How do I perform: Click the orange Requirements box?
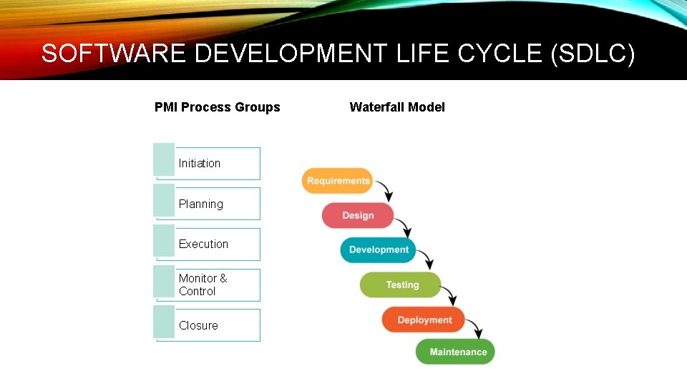[338, 181]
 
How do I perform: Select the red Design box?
[358, 215]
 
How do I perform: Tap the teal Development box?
[379, 249]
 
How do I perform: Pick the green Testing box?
[401, 284]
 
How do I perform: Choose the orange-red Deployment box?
[424, 320]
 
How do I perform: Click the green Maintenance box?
[457, 352]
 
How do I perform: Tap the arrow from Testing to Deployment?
[449, 295]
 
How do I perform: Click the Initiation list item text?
[200, 163]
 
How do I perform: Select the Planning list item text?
[201, 204]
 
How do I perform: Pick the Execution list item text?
[204, 244]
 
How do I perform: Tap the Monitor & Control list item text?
[203, 284]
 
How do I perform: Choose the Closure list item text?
[198, 325]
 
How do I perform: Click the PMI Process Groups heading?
[218, 107]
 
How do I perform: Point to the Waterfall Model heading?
[397, 107]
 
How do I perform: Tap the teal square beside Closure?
[164, 322]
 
